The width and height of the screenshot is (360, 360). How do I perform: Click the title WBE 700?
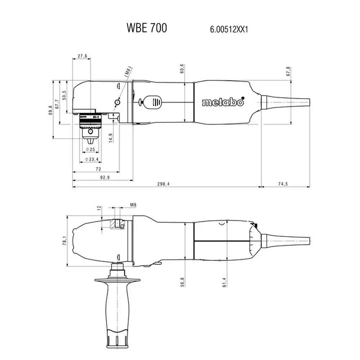tap(147, 28)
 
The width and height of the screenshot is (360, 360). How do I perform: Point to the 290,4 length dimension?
tap(163, 184)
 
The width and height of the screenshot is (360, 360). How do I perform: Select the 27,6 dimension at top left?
tap(82, 56)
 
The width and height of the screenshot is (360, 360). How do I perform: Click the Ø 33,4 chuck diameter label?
tap(91, 159)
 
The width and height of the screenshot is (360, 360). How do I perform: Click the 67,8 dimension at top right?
tap(288, 71)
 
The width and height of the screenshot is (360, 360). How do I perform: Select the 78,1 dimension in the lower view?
tap(64, 240)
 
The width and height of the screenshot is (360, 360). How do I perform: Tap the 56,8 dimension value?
tap(183, 282)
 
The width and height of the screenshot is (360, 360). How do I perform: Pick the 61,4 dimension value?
tap(224, 282)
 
